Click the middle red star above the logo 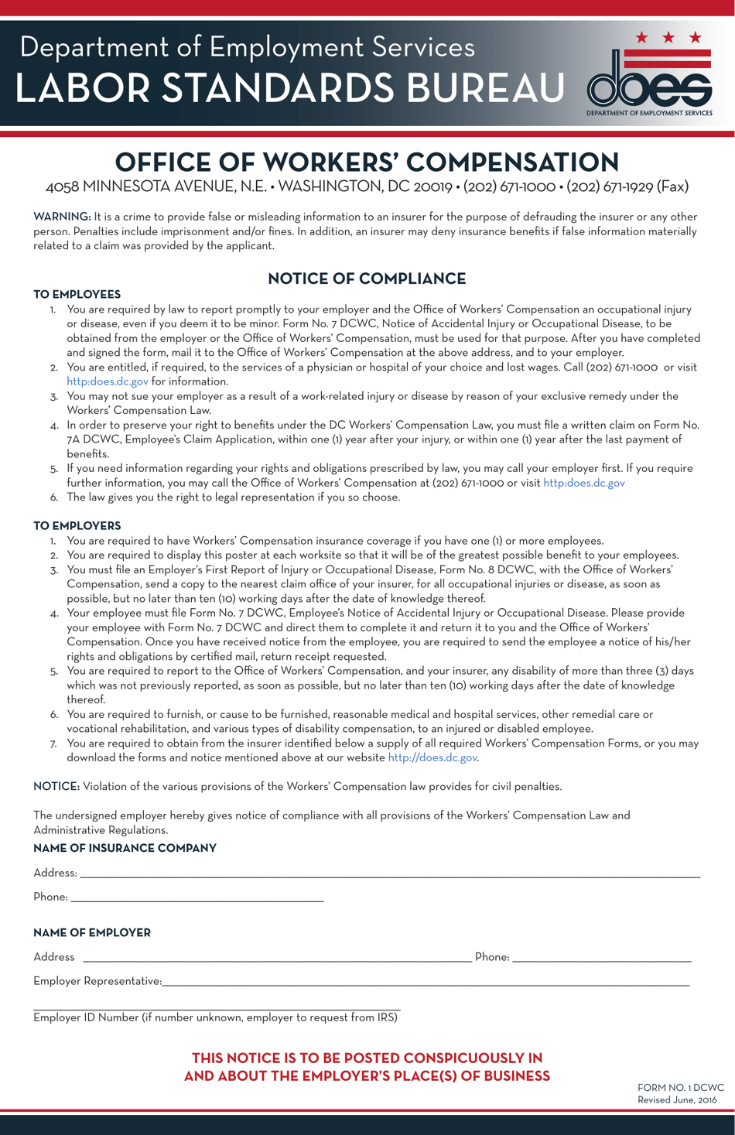[668, 37]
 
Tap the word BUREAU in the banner [485, 88]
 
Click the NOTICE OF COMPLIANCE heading [367, 279]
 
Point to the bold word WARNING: [62, 217]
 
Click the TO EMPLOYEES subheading [77, 294]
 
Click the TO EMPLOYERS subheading [77, 525]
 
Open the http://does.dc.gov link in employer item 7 [432, 757]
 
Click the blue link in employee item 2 [107, 381]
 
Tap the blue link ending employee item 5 [583, 483]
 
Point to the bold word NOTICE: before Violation [56, 786]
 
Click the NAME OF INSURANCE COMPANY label [125, 848]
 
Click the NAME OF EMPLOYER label [91, 932]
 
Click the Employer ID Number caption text [215, 1017]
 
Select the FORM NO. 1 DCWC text [680, 1087]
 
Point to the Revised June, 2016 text [677, 1099]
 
